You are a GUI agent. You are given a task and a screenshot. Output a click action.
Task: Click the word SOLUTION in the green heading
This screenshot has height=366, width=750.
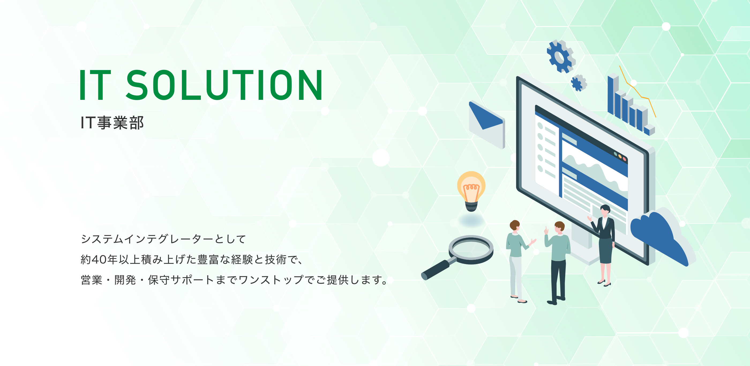pyautogui.click(x=224, y=85)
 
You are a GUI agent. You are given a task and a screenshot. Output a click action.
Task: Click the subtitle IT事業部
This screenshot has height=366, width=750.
pyautogui.click(x=112, y=122)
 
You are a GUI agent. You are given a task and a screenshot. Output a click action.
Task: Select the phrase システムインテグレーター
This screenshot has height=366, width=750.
pyautogui.click(x=148, y=239)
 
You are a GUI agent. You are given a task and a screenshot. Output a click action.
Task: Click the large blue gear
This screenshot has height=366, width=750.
pyautogui.click(x=561, y=56)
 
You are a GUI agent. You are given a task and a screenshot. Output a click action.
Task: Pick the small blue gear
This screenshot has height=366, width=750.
pyautogui.click(x=579, y=83)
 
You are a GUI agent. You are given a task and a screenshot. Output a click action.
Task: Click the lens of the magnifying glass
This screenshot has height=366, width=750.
pyautogui.click(x=471, y=248)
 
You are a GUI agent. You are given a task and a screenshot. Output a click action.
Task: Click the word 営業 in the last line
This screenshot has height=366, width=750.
pyautogui.click(x=91, y=280)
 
